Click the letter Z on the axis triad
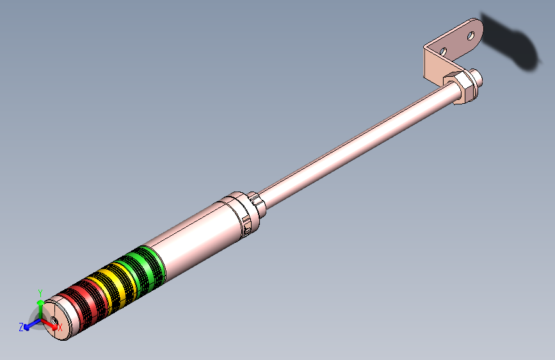(21, 327)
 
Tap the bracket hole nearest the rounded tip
(471, 35)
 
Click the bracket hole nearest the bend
(442, 51)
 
